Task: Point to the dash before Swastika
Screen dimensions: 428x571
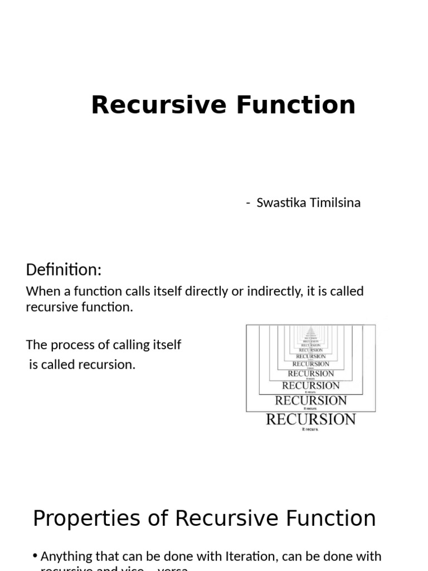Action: click(x=248, y=203)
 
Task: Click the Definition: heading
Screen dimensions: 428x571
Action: click(x=64, y=270)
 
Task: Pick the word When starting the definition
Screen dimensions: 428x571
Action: click(x=41, y=291)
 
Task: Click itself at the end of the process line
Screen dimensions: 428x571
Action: click(x=166, y=345)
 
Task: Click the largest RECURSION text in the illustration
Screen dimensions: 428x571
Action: click(x=310, y=419)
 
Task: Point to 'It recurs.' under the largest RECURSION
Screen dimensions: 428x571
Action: click(x=310, y=429)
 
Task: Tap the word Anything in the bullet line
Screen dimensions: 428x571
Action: click(x=66, y=557)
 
